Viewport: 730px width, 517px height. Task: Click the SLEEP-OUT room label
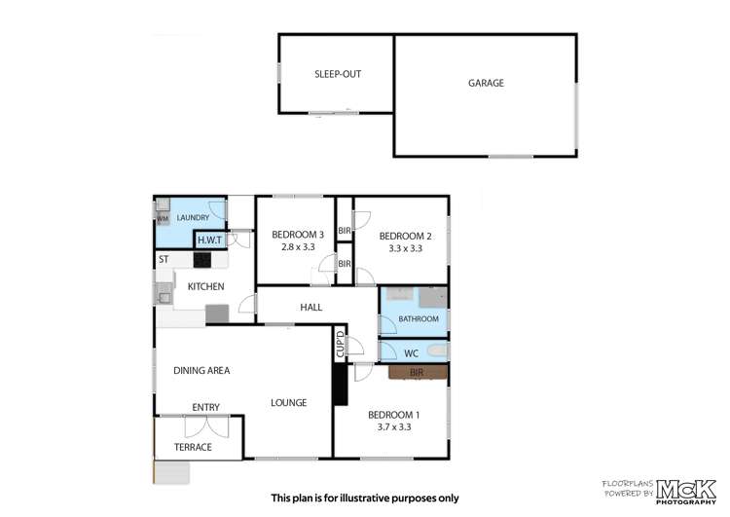[x=337, y=74]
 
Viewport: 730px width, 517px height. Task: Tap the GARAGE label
[x=486, y=84]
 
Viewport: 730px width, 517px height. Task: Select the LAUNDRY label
[x=192, y=218]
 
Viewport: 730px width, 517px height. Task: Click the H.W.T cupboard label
[x=209, y=240]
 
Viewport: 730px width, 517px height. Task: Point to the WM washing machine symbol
[x=162, y=219]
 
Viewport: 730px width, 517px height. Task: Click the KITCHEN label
[x=206, y=286]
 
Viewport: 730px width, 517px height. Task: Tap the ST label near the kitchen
[x=164, y=260]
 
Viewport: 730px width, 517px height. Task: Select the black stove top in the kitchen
[x=202, y=260]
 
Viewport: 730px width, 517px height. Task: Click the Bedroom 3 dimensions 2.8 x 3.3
[x=297, y=247]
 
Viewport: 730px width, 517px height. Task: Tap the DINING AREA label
[x=201, y=370]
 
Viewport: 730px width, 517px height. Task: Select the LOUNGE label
[x=289, y=402]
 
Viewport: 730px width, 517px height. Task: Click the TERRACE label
[x=193, y=447]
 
